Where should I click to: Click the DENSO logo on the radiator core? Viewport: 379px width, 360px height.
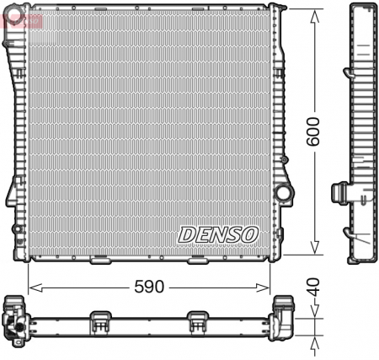(x=219, y=234)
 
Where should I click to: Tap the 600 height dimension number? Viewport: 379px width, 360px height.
(x=313, y=131)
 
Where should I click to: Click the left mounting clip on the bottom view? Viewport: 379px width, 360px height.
(x=101, y=321)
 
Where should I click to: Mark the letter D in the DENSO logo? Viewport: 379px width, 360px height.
(x=186, y=234)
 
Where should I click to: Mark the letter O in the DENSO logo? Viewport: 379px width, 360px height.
(x=250, y=234)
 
